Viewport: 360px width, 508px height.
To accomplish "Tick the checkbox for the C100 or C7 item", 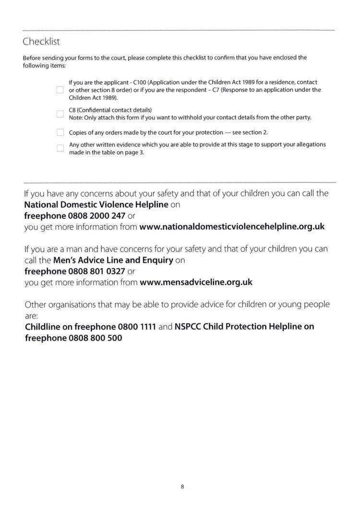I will (60, 90).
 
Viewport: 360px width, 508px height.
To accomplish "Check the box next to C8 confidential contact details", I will (60, 114).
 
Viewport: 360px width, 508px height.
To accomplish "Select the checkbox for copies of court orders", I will (60, 132).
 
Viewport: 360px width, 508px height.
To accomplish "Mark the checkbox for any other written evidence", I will (60, 148).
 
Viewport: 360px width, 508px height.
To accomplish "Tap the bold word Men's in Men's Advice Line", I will (65, 260).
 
